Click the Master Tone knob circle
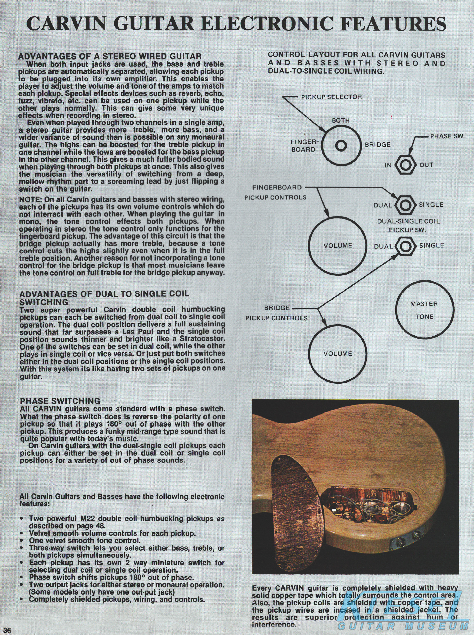click(x=424, y=310)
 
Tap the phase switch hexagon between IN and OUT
click(x=405, y=165)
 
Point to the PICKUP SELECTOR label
click(x=331, y=97)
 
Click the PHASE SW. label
click(x=447, y=137)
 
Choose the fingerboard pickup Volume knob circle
click(x=338, y=246)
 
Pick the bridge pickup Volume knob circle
click(x=338, y=354)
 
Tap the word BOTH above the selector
click(x=340, y=121)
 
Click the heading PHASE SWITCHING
click(x=60, y=401)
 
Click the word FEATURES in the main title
click(x=391, y=24)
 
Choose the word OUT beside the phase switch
click(x=426, y=165)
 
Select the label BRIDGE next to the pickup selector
click(x=378, y=145)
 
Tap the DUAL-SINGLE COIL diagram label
click(x=408, y=221)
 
